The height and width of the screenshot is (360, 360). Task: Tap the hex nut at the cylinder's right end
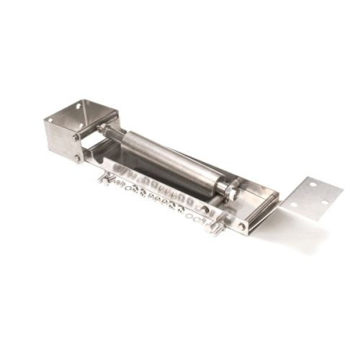[232, 191]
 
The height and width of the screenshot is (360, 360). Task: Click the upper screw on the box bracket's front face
[75, 137]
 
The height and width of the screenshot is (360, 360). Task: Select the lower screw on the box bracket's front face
[76, 158]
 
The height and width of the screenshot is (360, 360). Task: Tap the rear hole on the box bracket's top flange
[77, 106]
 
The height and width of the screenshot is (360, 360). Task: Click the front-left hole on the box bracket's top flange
[50, 120]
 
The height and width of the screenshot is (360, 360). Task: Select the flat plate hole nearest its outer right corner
[325, 202]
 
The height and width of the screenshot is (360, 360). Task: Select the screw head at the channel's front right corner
[241, 226]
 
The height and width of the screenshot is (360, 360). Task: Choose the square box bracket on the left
[72, 130]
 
